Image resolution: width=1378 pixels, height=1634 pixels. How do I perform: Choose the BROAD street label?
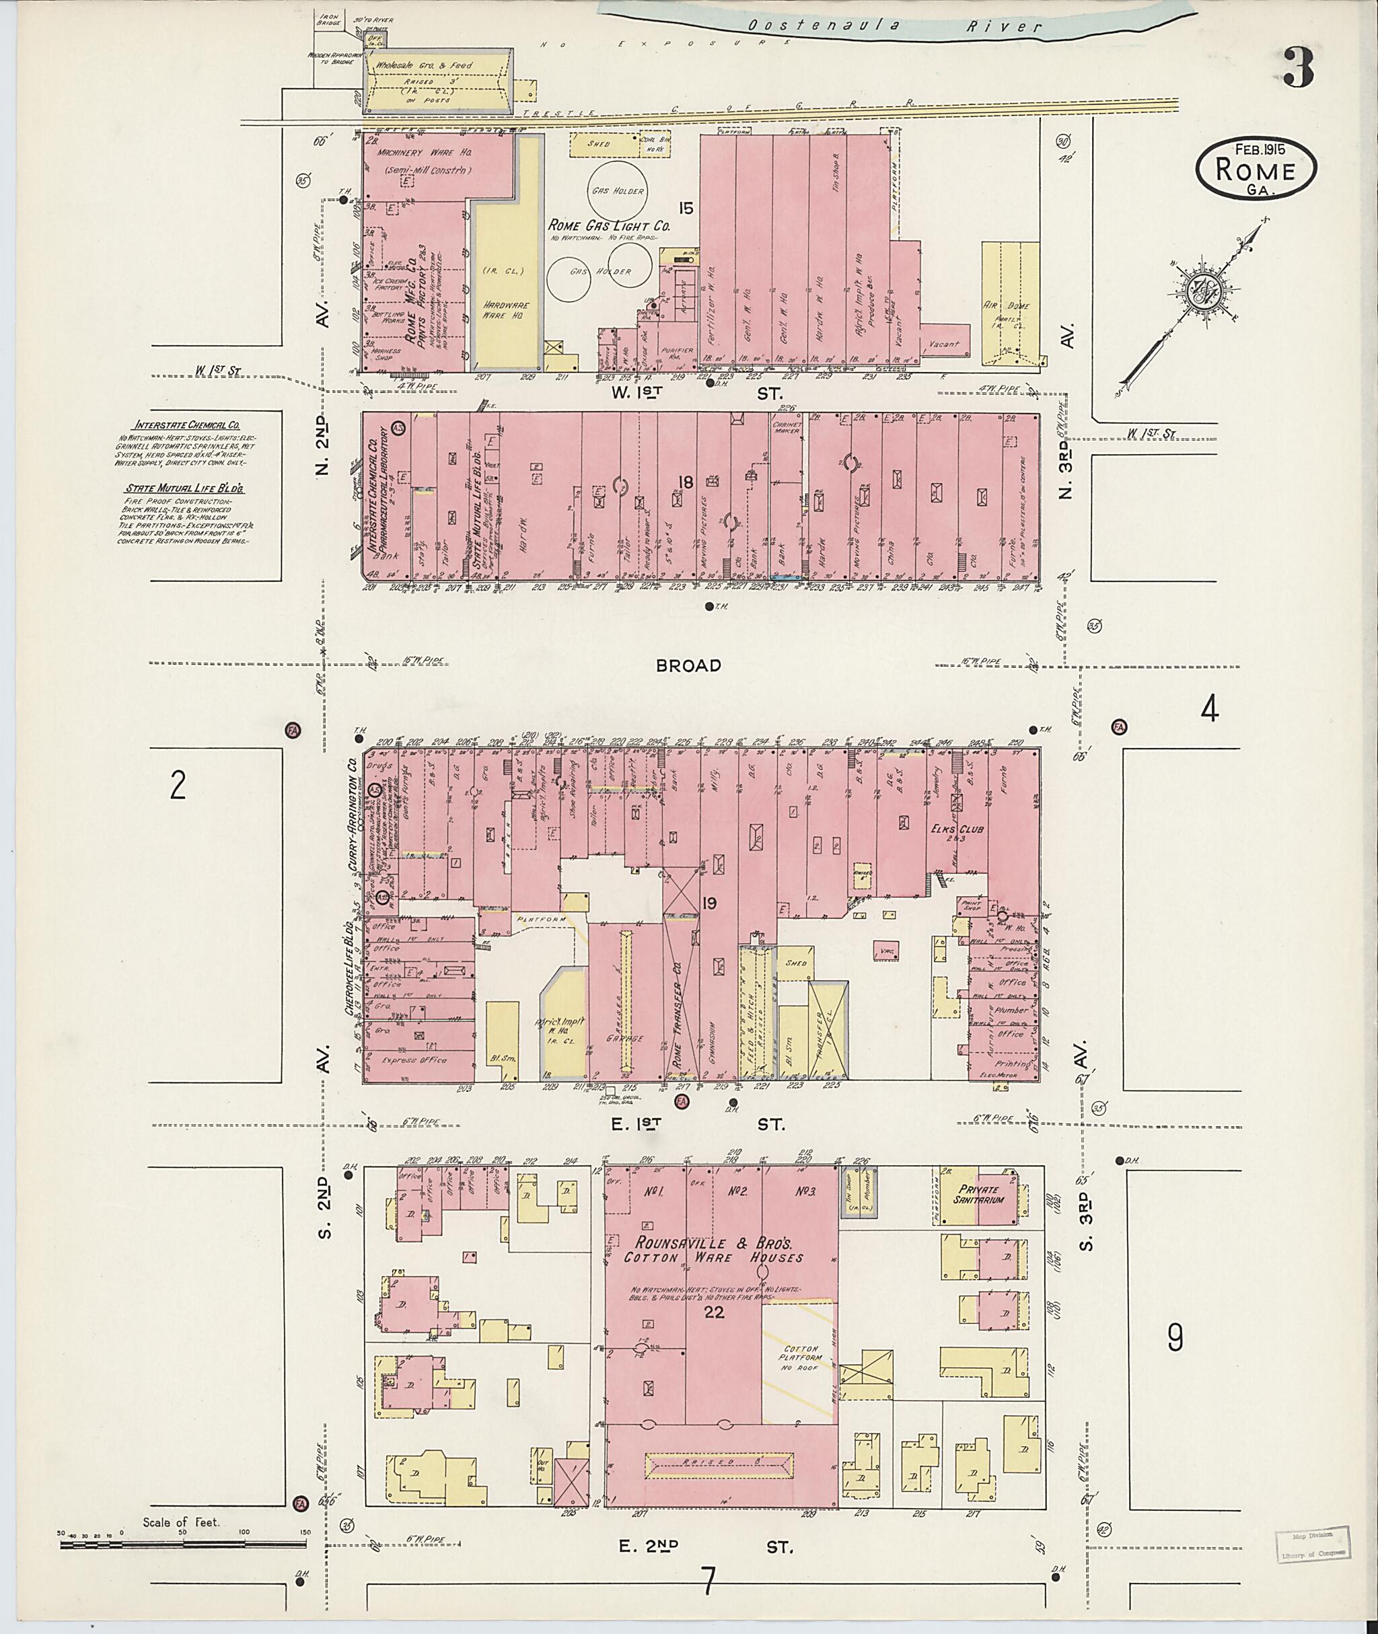coord(688,665)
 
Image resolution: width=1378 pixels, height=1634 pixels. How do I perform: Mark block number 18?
coord(685,483)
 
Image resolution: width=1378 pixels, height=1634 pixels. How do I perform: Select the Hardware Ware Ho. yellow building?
coord(505,289)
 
